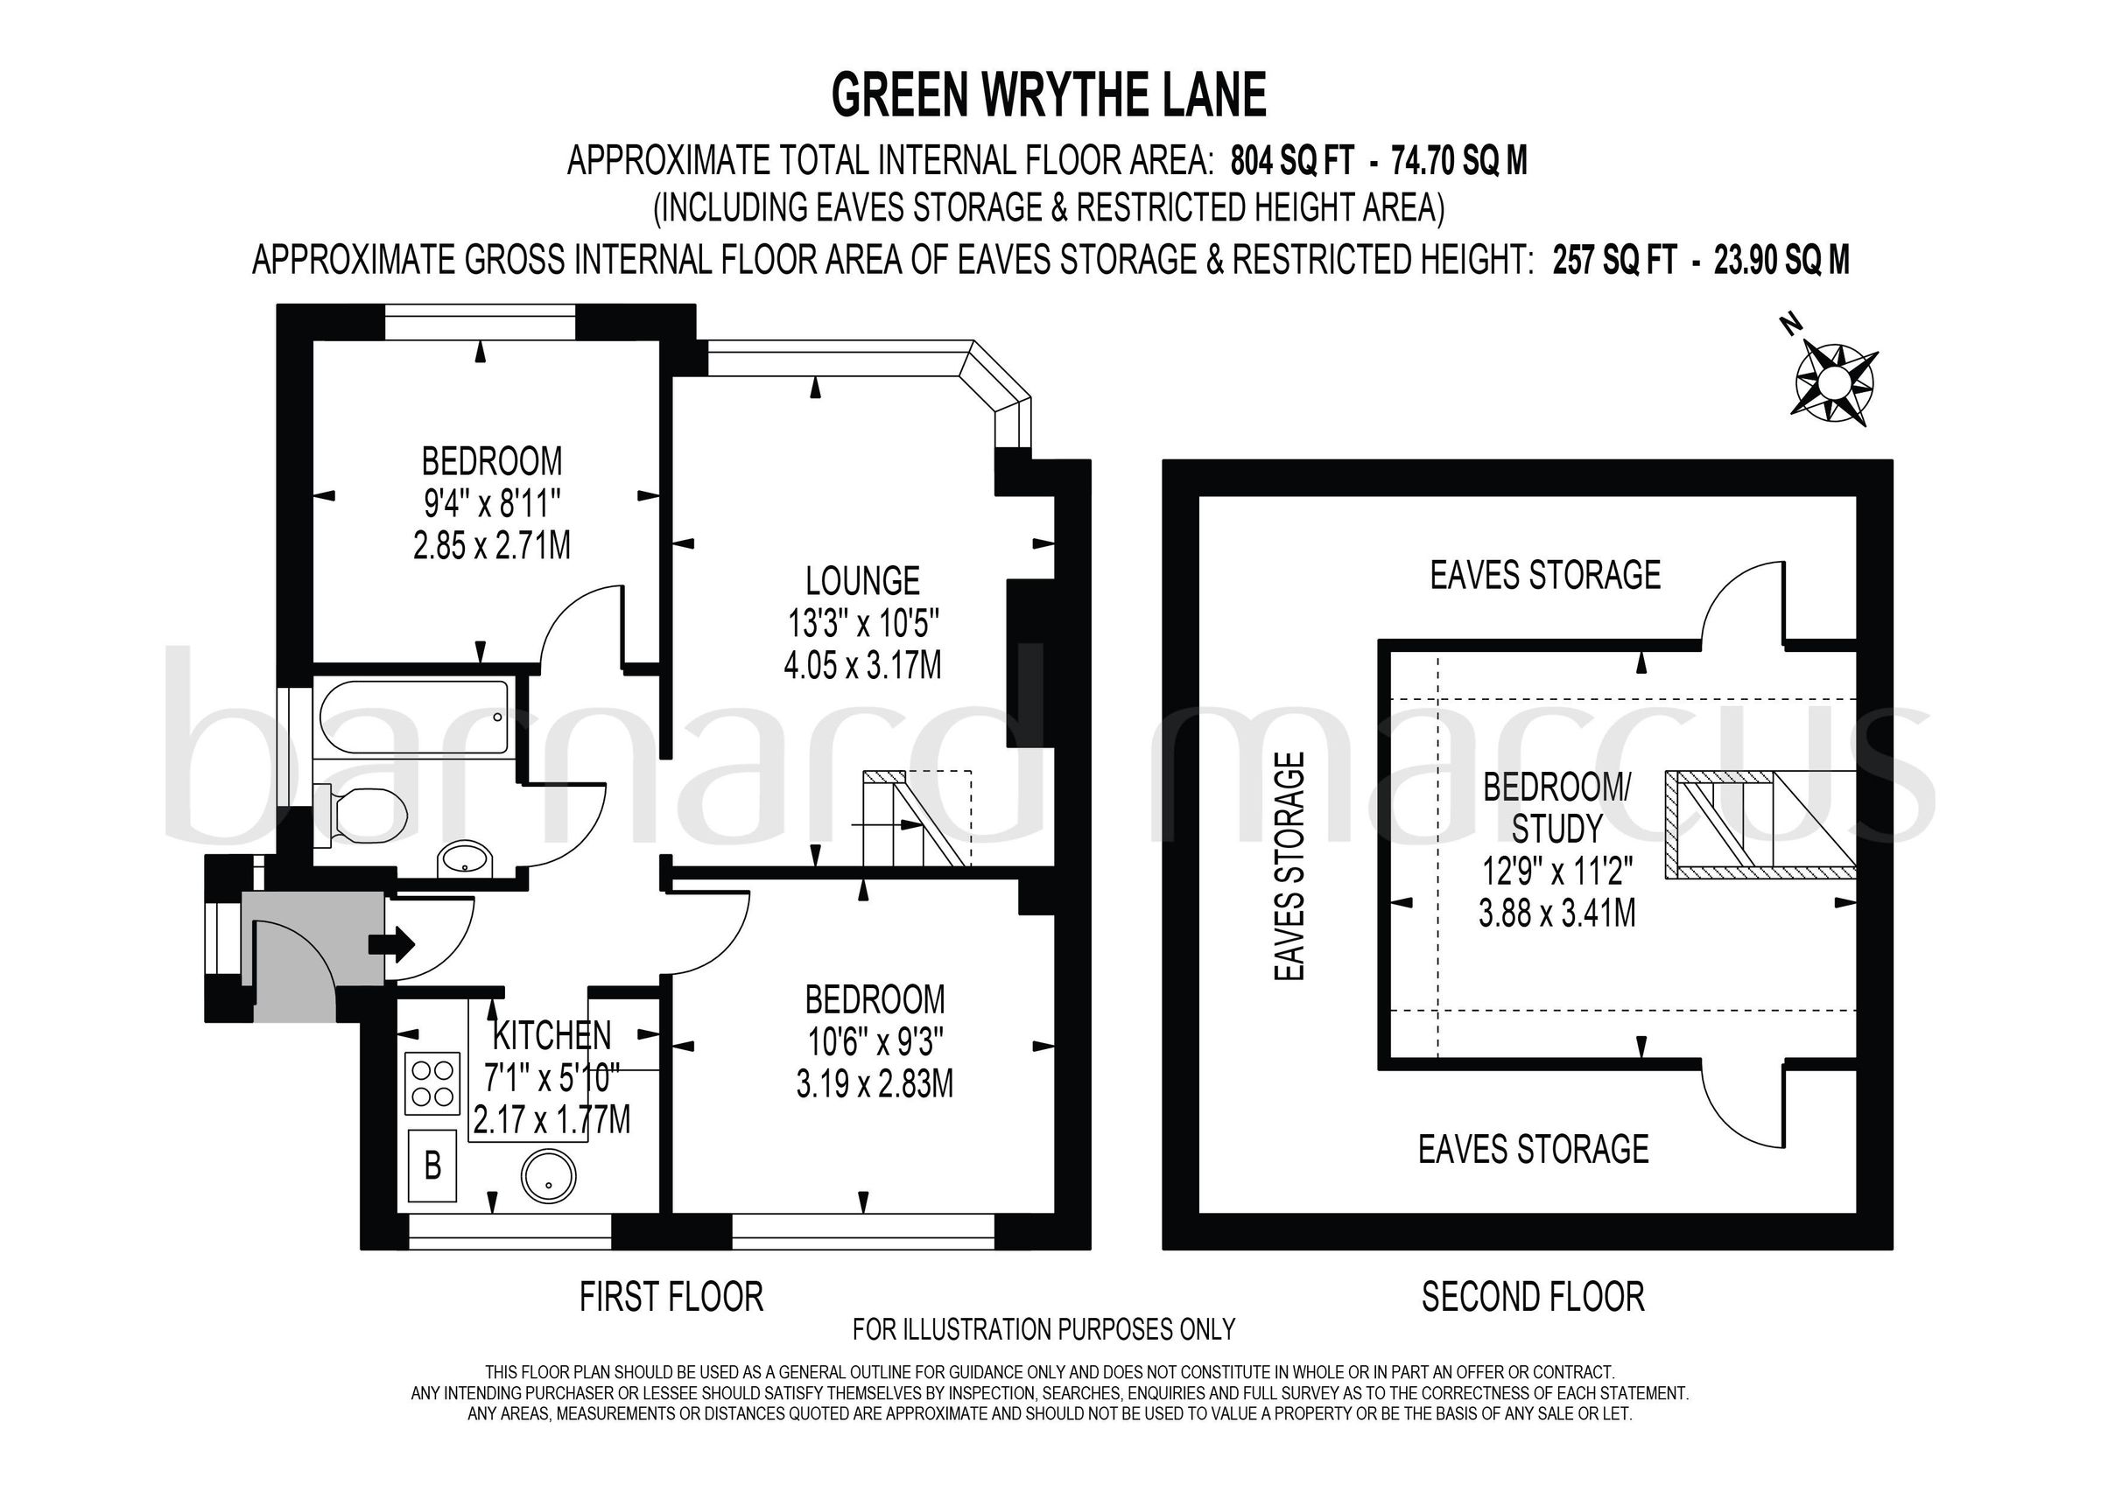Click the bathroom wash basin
(x=465, y=858)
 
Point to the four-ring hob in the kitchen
(x=432, y=1083)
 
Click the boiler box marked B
(x=432, y=1166)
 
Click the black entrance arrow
(x=390, y=944)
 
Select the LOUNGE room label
(x=862, y=581)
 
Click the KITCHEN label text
(x=552, y=1035)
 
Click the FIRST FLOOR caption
(x=671, y=1298)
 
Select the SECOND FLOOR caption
(x=1533, y=1298)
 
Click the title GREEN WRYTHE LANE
(x=1049, y=95)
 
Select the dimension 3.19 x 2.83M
(x=875, y=1085)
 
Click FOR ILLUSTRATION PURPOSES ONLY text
(x=1043, y=1328)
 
